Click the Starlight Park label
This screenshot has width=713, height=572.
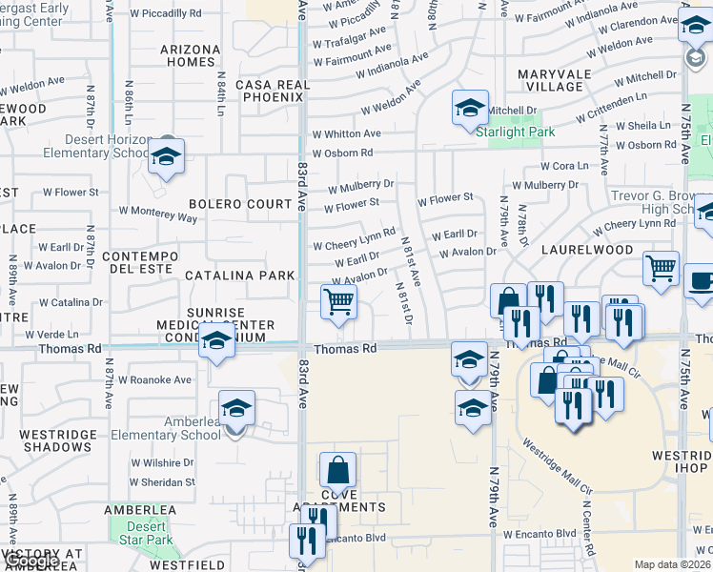pos(515,133)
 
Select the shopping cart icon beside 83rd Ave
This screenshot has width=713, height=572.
pos(339,303)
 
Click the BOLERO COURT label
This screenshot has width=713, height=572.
pos(240,204)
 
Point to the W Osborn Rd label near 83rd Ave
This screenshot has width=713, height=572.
pos(339,153)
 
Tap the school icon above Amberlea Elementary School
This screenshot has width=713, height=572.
pos(236,410)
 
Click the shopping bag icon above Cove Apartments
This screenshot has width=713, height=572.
pos(338,471)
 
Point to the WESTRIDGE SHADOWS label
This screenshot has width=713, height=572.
pos(57,440)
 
